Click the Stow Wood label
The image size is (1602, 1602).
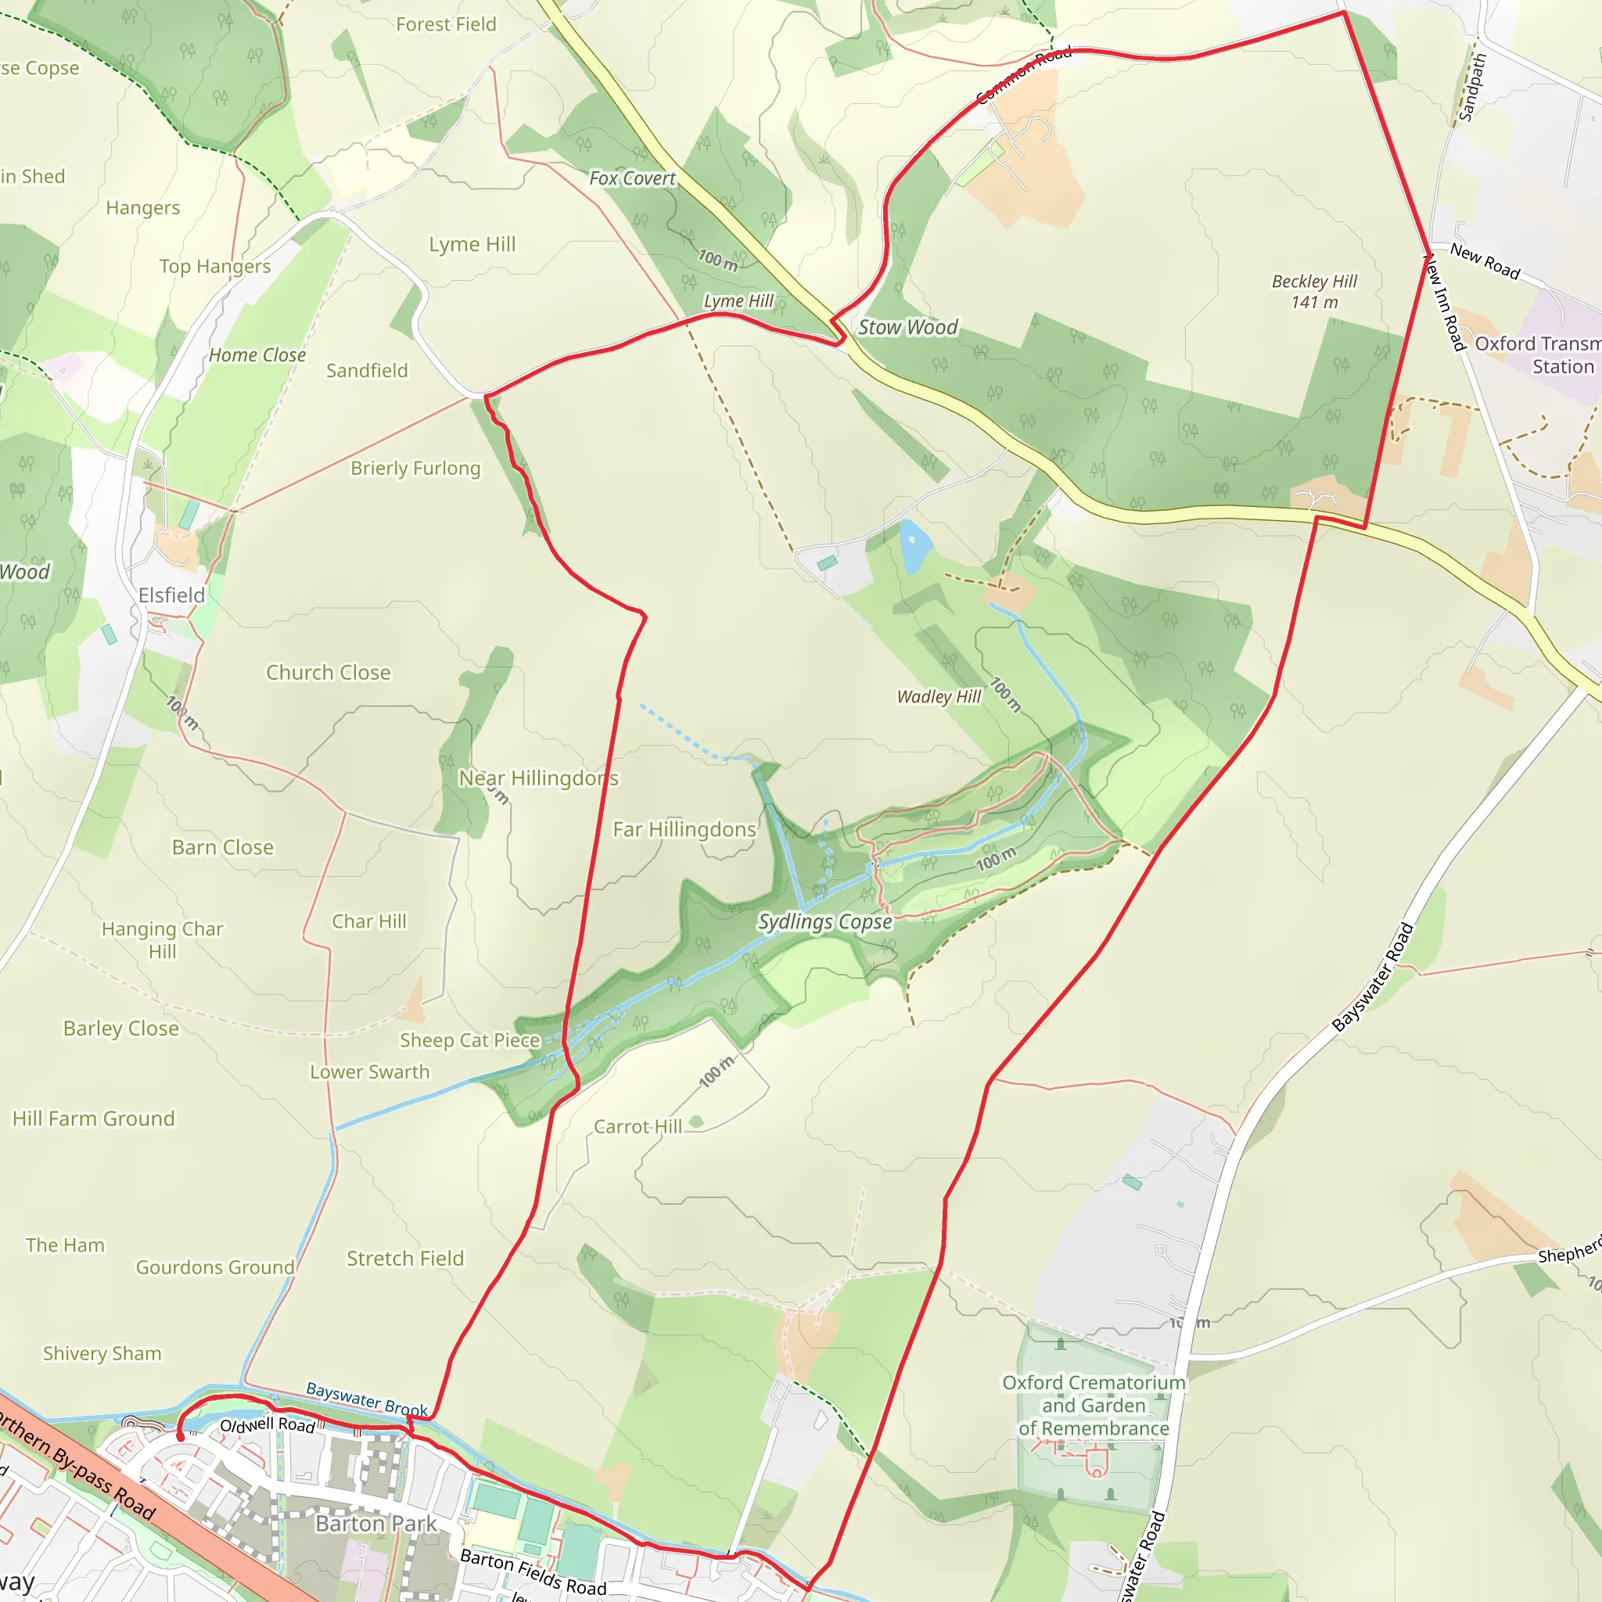click(907, 328)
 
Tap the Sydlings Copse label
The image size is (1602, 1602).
click(824, 922)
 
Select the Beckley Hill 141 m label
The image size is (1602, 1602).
click(1314, 292)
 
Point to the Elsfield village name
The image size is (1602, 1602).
click(171, 595)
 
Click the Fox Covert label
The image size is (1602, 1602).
click(632, 178)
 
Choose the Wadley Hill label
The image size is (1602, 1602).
click(939, 696)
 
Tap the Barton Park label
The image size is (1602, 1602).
click(375, 1523)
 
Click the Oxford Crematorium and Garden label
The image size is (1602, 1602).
click(1094, 1405)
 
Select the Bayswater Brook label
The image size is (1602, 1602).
click(367, 1399)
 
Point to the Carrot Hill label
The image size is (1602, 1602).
click(638, 1127)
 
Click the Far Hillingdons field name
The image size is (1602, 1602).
click(684, 829)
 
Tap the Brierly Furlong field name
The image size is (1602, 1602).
click(415, 469)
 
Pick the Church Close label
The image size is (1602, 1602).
click(329, 673)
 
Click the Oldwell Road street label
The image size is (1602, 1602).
click(267, 1425)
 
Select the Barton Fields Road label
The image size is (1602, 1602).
click(533, 1572)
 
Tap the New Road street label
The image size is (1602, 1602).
click(1484, 261)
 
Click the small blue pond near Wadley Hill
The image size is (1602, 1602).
click(914, 544)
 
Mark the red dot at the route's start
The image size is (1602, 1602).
click(180, 1436)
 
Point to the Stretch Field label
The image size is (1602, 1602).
click(404, 1259)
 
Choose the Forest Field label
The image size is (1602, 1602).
click(446, 25)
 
